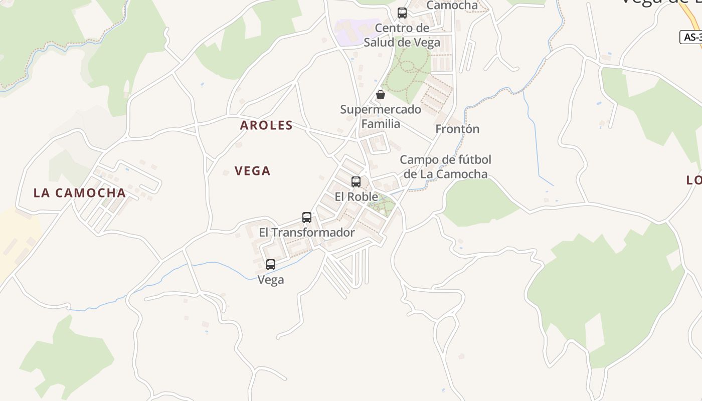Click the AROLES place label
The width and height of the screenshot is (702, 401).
(266, 125)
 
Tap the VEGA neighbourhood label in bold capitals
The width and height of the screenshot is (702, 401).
(253, 171)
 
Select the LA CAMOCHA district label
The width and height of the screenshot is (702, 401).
(80, 193)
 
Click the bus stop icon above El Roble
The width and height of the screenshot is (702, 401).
(356, 181)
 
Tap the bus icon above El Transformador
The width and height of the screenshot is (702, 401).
(307, 218)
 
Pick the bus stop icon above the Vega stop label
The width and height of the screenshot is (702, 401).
(271, 264)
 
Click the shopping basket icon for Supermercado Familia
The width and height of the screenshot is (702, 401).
(381, 95)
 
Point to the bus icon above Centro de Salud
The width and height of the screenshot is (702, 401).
(402, 13)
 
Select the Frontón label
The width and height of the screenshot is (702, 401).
(457, 129)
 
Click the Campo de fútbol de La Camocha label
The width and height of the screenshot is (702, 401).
(445, 167)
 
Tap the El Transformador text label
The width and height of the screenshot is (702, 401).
(307, 233)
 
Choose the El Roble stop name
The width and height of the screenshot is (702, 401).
(356, 196)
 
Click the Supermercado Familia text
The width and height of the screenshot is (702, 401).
(381, 116)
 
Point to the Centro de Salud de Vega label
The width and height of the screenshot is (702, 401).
(402, 35)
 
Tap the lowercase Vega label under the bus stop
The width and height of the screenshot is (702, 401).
(271, 280)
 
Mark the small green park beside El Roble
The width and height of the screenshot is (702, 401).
(381, 205)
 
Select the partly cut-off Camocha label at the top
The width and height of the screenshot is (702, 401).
(452, 6)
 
